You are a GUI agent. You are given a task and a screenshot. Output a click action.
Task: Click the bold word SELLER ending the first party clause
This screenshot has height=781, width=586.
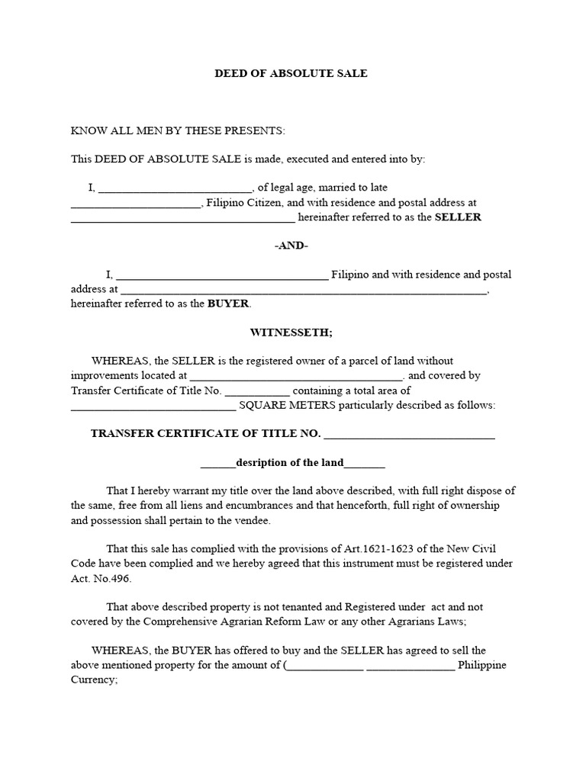point(458,217)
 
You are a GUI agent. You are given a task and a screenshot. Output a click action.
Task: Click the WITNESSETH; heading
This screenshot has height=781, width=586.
point(291,333)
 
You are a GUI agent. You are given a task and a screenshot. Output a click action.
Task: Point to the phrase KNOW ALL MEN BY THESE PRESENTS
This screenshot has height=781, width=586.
point(178,130)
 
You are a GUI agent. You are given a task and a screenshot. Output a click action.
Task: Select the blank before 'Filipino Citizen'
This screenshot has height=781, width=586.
point(135,204)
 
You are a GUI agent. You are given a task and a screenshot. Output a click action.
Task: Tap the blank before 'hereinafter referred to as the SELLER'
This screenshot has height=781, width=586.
point(182,219)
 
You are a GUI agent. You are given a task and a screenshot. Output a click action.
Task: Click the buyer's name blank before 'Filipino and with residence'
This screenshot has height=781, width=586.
point(222,275)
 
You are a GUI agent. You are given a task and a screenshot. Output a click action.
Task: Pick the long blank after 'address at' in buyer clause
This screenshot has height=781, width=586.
point(303,291)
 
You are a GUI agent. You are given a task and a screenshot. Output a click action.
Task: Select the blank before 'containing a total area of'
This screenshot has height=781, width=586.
point(257,391)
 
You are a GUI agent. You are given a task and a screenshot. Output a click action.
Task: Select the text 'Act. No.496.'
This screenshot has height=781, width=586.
point(101,578)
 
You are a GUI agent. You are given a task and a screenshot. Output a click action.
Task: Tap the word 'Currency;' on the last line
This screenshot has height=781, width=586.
point(94,679)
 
